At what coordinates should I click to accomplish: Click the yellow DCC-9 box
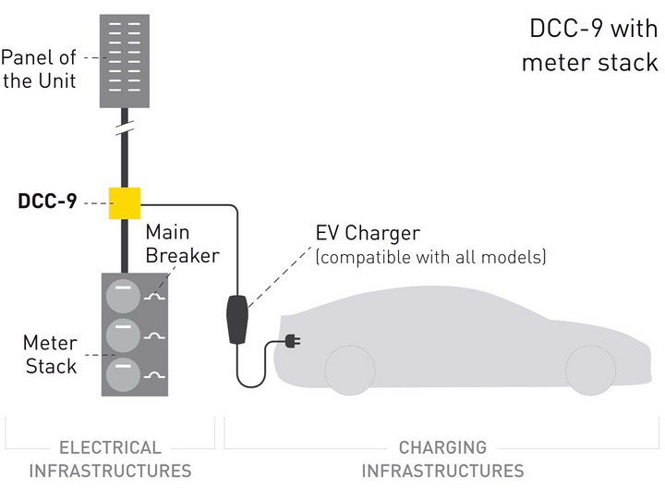[124, 201]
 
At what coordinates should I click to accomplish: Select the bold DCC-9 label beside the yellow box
[47, 201]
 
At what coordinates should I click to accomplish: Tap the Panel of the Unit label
[39, 69]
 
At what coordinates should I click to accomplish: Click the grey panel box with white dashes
[124, 55]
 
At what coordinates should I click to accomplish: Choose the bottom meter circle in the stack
[122, 375]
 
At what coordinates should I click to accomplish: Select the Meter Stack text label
[50, 355]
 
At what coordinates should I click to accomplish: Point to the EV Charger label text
[368, 233]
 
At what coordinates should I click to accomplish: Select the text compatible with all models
[430, 257]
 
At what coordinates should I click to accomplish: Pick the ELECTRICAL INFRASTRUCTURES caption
[110, 458]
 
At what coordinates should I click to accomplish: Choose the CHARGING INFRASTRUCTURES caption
[442, 458]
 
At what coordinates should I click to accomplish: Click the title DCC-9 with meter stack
[591, 44]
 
